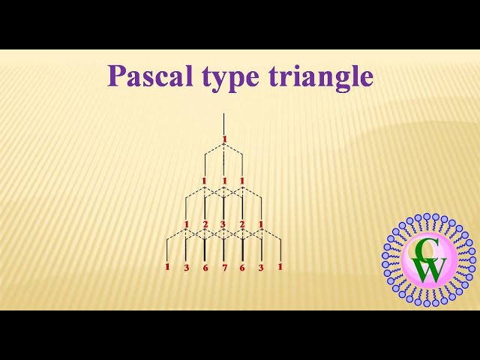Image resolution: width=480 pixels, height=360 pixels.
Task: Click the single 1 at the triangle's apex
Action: (x=223, y=139)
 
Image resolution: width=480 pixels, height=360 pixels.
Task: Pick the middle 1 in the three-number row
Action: (x=223, y=181)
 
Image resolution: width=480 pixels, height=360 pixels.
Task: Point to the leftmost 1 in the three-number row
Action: (x=204, y=181)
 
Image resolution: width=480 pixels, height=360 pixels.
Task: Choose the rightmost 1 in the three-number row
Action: (x=242, y=181)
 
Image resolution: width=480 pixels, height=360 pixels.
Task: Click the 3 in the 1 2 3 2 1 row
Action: (x=223, y=224)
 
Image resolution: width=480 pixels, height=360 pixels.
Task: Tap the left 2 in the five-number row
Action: (x=205, y=224)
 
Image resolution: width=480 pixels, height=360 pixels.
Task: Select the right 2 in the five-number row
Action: (x=242, y=224)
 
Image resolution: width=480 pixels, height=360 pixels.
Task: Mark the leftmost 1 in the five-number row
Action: (x=186, y=224)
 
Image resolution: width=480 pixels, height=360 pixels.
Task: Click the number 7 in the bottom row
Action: (x=223, y=267)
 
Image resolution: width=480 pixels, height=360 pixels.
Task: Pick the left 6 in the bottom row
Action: (x=205, y=267)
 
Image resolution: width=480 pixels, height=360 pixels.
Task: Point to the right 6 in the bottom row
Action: (x=242, y=267)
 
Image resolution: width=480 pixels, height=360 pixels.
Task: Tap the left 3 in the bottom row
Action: (x=186, y=267)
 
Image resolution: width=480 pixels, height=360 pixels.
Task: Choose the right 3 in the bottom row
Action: (x=261, y=267)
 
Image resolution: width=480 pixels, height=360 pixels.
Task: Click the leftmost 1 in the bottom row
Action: (x=167, y=266)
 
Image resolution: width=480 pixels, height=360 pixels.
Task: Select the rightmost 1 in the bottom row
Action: (x=280, y=265)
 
